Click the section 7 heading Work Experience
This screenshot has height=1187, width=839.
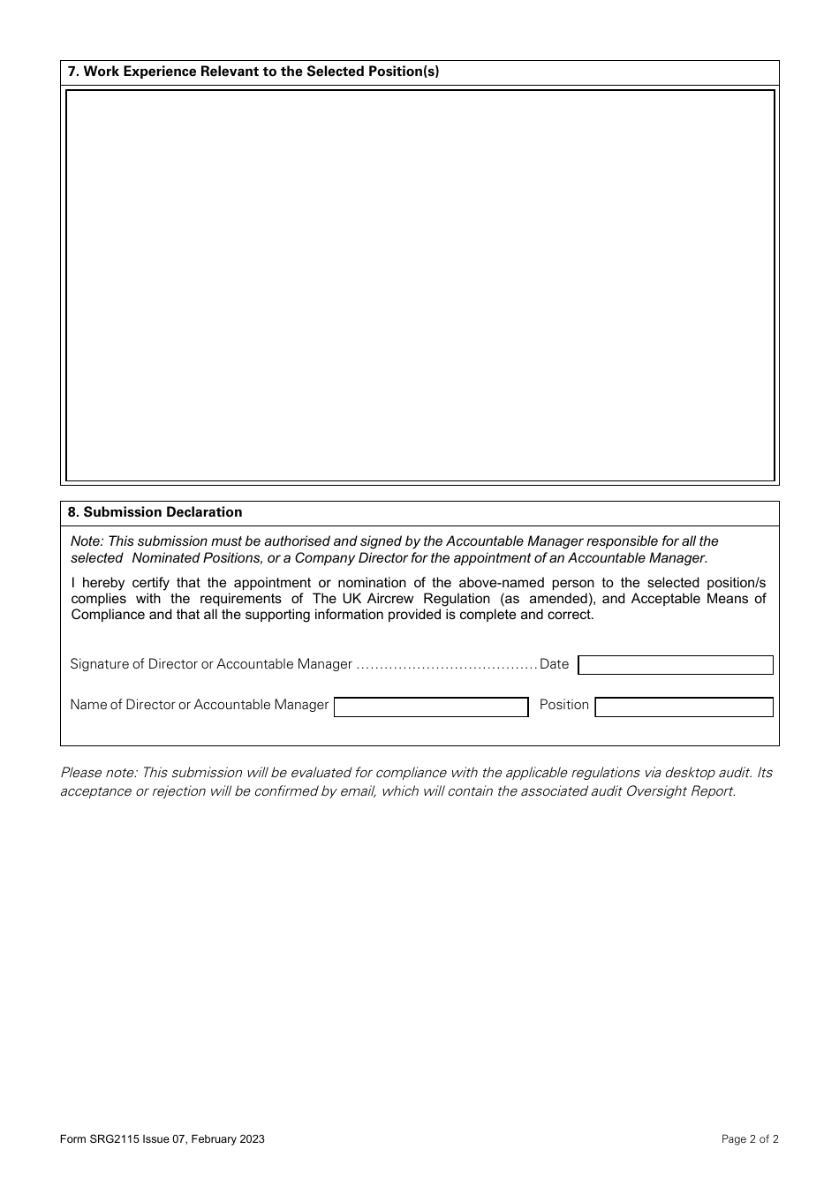253,72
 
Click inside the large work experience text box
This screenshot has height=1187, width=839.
419,284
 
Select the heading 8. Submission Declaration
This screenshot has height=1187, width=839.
155,512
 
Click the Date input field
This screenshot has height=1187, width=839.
676,665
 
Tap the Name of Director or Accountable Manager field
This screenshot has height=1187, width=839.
431,707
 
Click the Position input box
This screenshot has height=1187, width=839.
684,707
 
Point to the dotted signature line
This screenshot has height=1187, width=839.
446,665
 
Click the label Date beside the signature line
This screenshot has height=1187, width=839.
554,664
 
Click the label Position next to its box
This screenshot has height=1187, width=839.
563,705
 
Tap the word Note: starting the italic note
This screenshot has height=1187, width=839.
87,541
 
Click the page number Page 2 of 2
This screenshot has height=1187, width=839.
750,1139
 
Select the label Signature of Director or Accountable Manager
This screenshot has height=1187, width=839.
210,664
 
